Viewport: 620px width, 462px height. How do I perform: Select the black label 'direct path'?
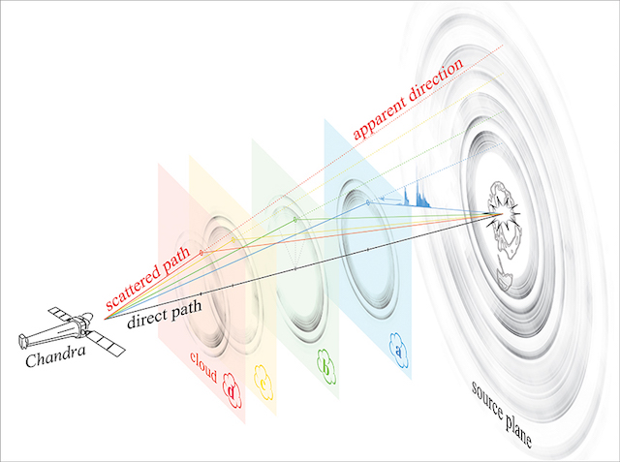[165, 314]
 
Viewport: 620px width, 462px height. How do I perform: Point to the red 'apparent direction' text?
[407, 100]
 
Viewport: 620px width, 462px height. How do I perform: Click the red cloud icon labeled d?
[232, 390]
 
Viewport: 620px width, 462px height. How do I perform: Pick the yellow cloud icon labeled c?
[263, 383]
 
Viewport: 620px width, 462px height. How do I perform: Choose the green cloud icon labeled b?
[326, 366]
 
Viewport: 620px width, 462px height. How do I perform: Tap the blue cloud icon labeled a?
[398, 351]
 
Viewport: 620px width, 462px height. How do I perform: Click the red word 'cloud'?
[203, 367]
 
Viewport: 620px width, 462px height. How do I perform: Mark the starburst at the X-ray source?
[502, 214]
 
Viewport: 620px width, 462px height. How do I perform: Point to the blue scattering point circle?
[368, 202]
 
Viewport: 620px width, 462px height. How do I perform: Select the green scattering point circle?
[294, 219]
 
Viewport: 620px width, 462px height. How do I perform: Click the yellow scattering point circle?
[233, 240]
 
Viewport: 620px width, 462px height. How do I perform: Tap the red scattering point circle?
[201, 253]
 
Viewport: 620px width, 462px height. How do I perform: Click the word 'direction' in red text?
[436, 81]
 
